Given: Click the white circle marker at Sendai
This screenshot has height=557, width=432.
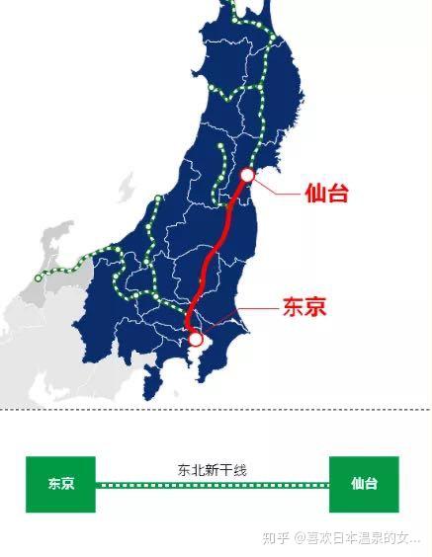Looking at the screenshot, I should click(x=248, y=176).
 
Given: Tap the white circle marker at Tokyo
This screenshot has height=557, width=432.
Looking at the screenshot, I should click(x=196, y=340).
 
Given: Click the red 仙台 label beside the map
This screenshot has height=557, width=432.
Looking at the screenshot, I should click(x=326, y=193).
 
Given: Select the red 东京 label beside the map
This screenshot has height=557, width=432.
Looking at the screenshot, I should click(x=304, y=307).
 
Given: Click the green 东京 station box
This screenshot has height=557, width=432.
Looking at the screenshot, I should click(x=60, y=484).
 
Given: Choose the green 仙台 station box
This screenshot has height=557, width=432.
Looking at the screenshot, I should click(x=364, y=484).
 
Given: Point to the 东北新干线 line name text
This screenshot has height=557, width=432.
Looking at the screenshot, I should click(x=212, y=470).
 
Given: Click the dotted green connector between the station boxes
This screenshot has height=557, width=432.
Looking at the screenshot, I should click(x=212, y=485).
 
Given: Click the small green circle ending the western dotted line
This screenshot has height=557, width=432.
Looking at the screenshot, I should click(x=38, y=278).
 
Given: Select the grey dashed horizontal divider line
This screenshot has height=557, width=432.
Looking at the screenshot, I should click(x=216, y=408).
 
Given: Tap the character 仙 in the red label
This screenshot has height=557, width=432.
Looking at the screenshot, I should click(x=315, y=193).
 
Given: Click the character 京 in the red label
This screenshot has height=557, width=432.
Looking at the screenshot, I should click(x=315, y=307).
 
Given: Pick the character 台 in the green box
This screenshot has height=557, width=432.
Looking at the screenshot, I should click(x=371, y=484).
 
